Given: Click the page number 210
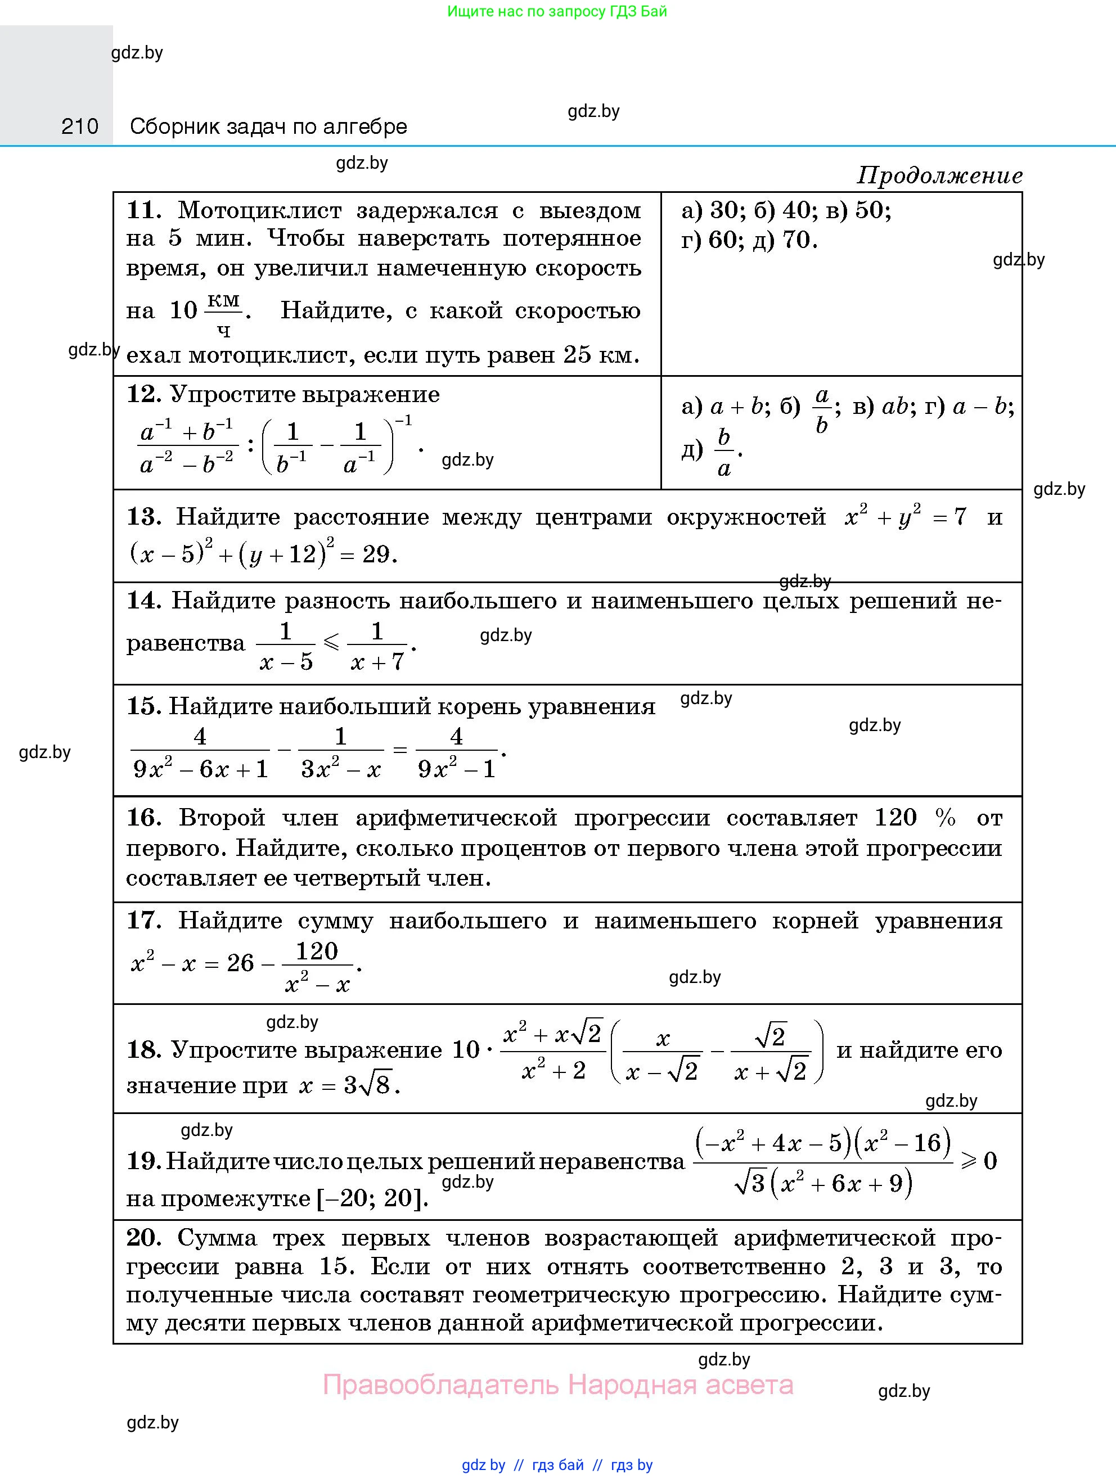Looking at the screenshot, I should [x=79, y=126].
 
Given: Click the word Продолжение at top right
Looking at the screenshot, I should [x=939, y=175].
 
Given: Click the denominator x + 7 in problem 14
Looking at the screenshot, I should [x=377, y=661].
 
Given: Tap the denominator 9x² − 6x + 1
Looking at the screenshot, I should [x=201, y=769].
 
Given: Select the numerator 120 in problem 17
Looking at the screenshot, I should [x=317, y=950].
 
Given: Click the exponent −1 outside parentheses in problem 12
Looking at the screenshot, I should [x=403, y=421].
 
